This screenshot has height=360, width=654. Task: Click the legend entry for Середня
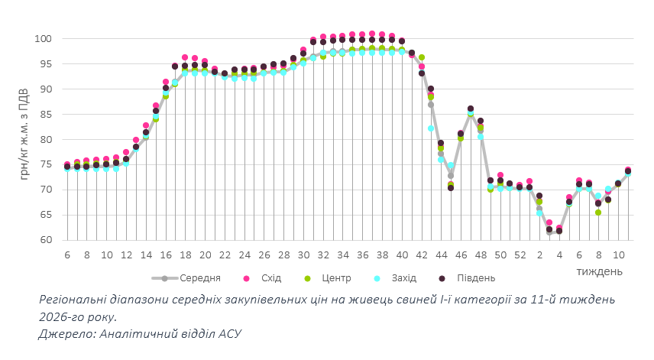tap(199, 277)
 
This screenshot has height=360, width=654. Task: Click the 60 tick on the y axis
tap(45, 240)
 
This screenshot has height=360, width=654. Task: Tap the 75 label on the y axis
tap(45, 164)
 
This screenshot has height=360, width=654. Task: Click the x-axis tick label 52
tap(520, 255)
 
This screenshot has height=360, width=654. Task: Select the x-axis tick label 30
tap(303, 255)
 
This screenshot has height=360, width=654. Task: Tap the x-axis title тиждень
tap(599, 271)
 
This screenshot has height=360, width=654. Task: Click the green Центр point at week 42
tap(422, 58)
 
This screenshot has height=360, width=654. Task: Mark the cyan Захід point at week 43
tap(431, 128)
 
